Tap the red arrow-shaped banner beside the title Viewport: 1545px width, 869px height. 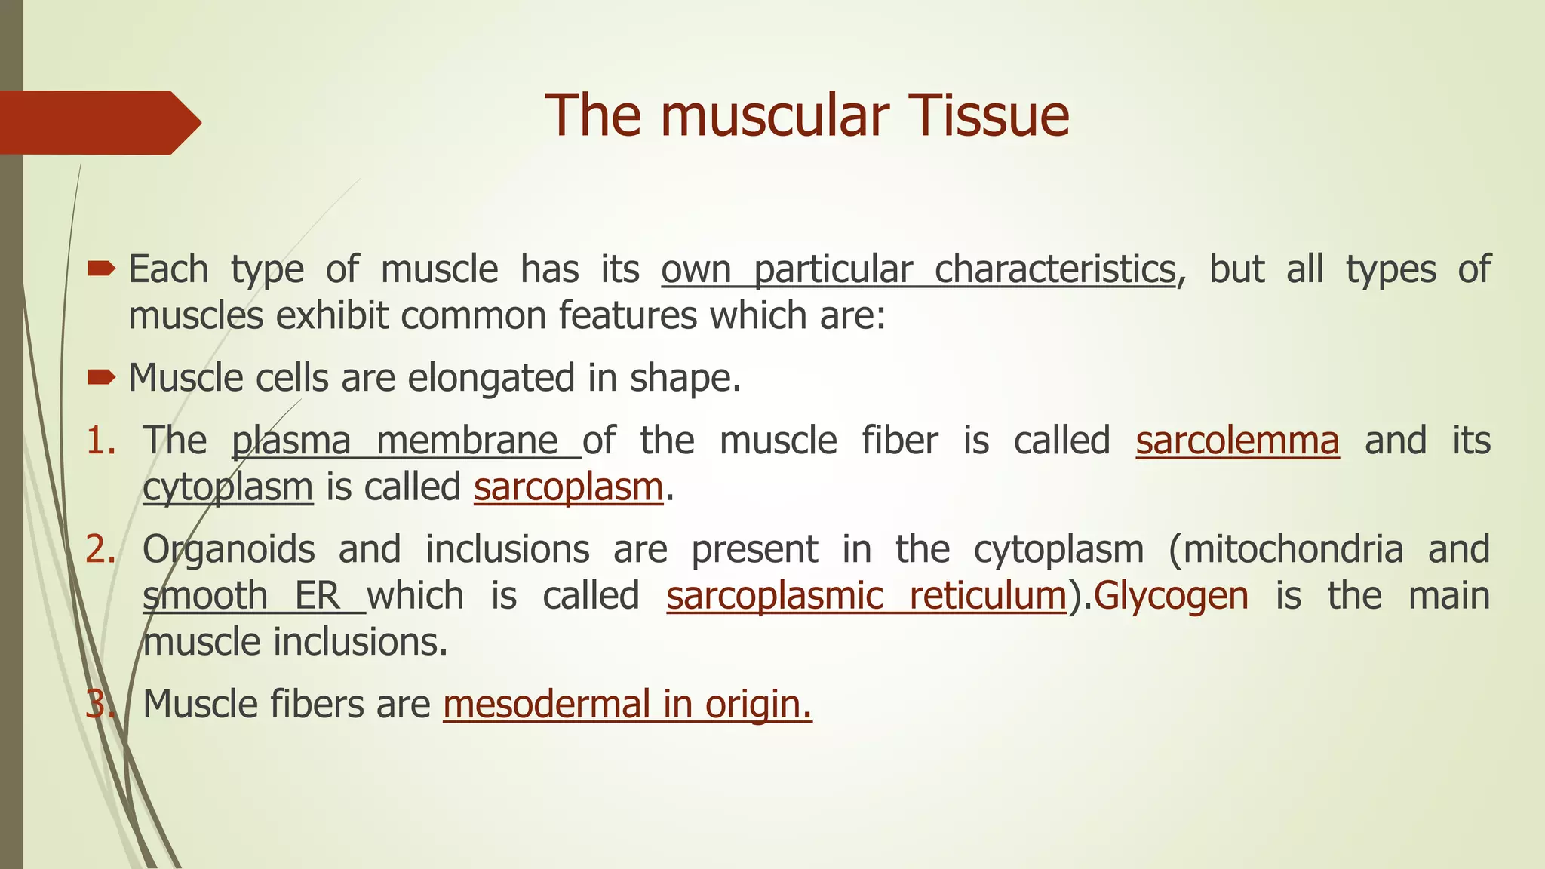tap(98, 122)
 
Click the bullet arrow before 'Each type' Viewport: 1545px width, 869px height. tap(101, 269)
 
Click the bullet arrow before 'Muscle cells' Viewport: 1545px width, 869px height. tap(101, 377)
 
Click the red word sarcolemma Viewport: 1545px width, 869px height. tap(1237, 441)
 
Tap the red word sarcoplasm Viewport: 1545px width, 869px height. tap(568, 487)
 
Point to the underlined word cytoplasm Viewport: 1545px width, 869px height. tap(228, 487)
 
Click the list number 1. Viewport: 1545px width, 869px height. tap(99, 441)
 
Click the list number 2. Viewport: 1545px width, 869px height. tap(99, 549)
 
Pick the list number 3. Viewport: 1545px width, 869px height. tap(99, 704)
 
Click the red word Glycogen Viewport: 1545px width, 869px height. tap(1171, 596)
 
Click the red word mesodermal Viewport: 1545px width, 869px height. tap(546, 704)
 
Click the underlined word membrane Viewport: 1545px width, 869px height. tap(468, 441)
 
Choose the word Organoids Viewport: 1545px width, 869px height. tap(229, 549)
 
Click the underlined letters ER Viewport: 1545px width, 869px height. tap(317, 596)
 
